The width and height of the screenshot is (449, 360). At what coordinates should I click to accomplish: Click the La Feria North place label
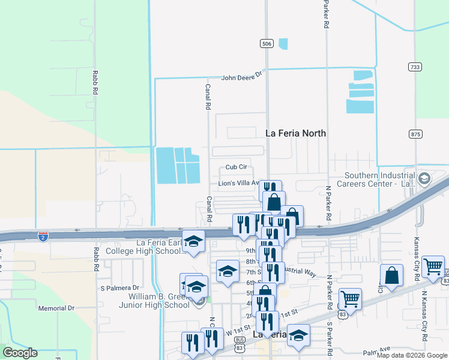click(296, 133)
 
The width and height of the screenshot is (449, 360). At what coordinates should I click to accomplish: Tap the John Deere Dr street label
click(242, 76)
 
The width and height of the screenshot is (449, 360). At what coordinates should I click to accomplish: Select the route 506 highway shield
click(267, 44)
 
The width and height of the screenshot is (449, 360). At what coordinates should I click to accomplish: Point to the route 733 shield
click(414, 67)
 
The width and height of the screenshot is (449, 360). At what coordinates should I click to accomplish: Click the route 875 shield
click(414, 134)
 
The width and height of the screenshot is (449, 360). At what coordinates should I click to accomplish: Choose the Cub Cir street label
click(237, 167)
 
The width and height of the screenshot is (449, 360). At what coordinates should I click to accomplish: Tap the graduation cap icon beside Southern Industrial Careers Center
click(424, 178)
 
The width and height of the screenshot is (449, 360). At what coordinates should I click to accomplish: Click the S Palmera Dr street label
click(119, 287)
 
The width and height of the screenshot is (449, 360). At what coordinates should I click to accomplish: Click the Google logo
click(20, 353)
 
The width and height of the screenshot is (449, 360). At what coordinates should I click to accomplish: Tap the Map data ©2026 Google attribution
click(412, 355)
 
